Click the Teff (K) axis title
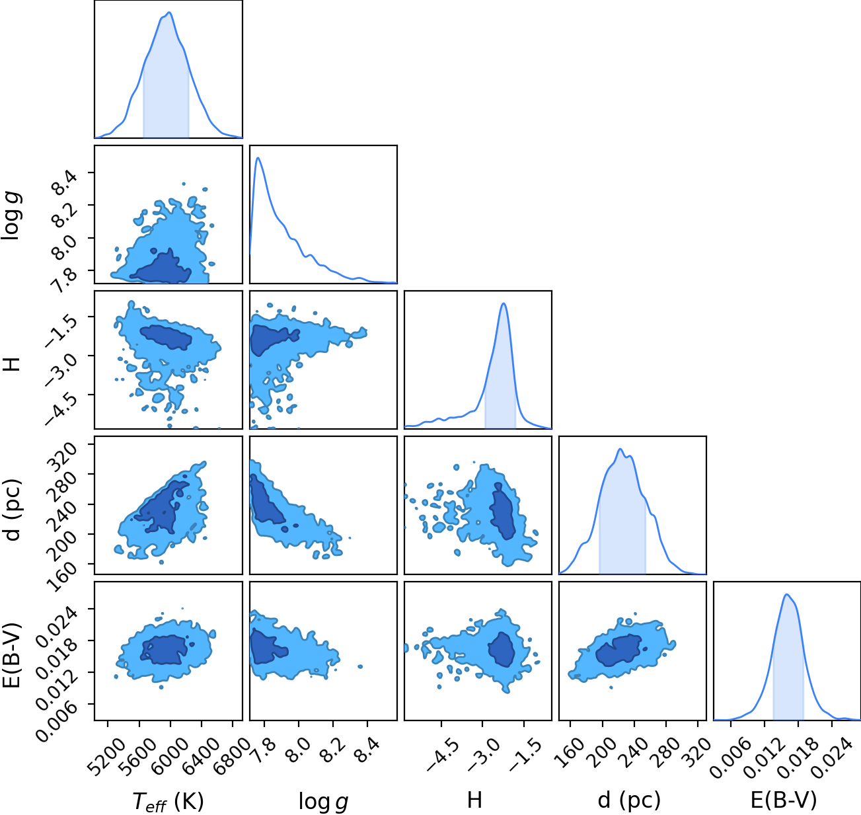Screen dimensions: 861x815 [x=168, y=801]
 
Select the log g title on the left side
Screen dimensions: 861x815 [x=12, y=215]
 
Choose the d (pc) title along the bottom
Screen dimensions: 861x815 [x=629, y=800]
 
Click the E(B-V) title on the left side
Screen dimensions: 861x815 [x=12, y=654]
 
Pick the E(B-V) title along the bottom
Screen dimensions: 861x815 [x=784, y=800]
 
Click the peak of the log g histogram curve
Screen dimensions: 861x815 [x=258, y=158]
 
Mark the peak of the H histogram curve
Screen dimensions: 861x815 [x=504, y=303]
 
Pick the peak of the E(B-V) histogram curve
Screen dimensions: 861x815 [x=786, y=595]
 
